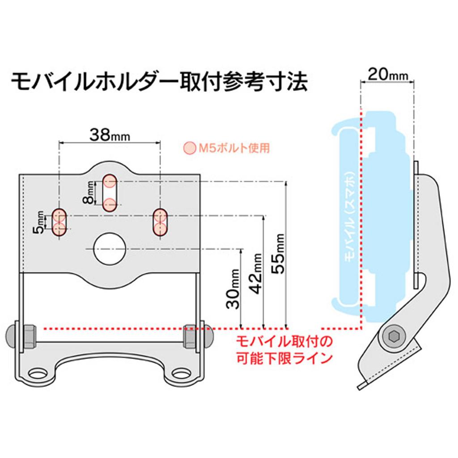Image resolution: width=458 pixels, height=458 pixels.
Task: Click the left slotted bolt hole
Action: coord(60,222)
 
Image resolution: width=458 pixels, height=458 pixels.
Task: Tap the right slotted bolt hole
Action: coord(161,222)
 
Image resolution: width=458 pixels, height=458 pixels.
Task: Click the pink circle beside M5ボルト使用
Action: coord(190,148)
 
